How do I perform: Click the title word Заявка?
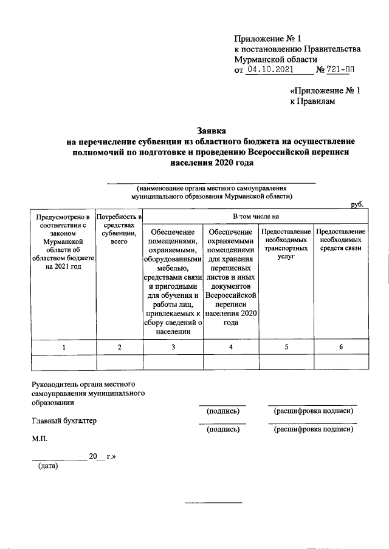[x=211, y=130]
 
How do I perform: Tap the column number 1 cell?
[x=64, y=346]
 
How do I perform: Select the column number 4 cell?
[x=230, y=346]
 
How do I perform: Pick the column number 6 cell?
[x=341, y=346]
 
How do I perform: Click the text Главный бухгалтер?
[x=64, y=421]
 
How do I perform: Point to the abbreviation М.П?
[x=40, y=438]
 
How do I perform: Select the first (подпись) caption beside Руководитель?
[x=222, y=411]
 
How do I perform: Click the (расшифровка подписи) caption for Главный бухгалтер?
[x=313, y=429]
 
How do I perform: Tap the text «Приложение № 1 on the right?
[x=325, y=91]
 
